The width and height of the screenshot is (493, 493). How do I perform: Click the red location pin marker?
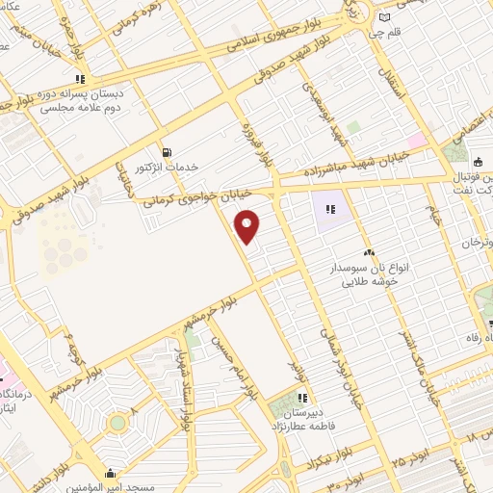point(247,225)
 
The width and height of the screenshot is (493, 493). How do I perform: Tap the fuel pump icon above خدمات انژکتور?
point(168,151)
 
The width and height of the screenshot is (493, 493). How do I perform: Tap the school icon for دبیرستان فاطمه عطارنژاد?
point(303,397)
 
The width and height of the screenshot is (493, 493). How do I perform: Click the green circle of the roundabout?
point(117,423)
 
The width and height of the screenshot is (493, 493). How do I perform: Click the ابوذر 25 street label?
point(408,453)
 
